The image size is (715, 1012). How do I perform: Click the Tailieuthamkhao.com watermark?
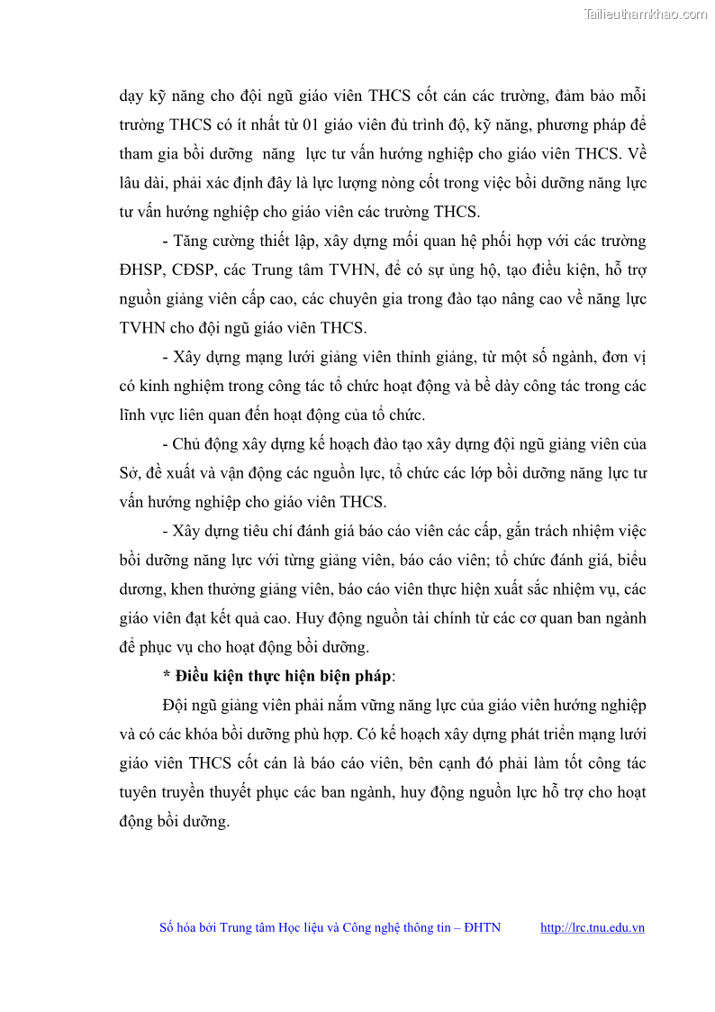coord(645,14)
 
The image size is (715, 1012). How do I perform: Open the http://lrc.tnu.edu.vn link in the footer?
coord(592,927)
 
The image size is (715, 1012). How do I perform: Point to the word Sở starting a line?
coord(130,473)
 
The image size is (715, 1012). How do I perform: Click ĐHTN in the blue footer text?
coord(482,927)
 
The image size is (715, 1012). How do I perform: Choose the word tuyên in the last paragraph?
coord(141,792)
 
